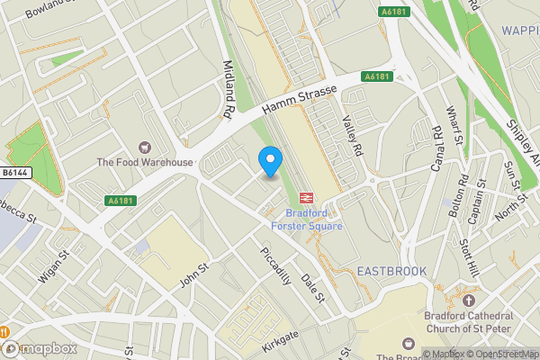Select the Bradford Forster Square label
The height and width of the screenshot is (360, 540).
point(314,220)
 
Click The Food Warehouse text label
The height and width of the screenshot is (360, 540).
point(145,163)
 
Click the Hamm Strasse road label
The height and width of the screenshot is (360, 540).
point(299,97)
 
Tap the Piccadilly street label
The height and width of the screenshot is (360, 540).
point(275,265)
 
